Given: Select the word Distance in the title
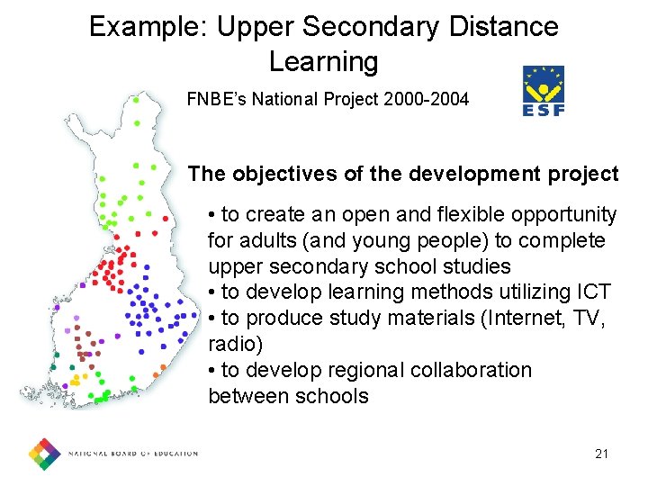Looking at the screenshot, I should pyautogui.click(x=503, y=26).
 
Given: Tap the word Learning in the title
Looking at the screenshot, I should pyautogui.click(x=323, y=62).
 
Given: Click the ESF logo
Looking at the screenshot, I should pyautogui.click(x=544, y=91).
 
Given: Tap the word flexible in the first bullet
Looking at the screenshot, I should pyautogui.click(x=441, y=215).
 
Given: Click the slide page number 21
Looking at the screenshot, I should pyautogui.click(x=601, y=454).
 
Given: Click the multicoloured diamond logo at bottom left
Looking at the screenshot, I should pyautogui.click(x=44, y=454).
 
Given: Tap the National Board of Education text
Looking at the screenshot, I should pyautogui.click(x=133, y=454).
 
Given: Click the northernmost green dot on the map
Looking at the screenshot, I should pyautogui.click(x=135, y=101).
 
